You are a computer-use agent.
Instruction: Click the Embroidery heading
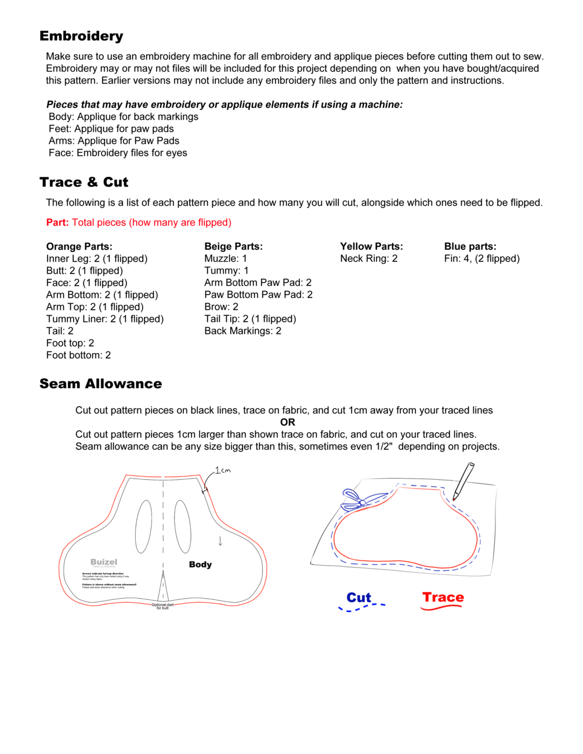81,36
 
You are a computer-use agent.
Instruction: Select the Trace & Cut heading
84,182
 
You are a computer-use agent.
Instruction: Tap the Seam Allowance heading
100,384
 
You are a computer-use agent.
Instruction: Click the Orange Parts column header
79,246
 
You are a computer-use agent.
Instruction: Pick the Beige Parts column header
233,246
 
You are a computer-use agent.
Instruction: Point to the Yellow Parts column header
371,246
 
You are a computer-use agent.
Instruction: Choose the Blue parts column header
470,246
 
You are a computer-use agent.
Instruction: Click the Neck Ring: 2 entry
368,258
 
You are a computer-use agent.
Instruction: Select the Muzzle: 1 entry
225,258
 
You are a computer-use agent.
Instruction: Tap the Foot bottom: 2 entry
78,355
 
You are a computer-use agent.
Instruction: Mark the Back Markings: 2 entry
242,331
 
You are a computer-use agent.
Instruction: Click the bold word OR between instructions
287,422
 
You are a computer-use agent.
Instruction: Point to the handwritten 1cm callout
223,470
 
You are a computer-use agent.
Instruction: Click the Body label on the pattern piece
200,564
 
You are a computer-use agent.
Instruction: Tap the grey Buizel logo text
104,562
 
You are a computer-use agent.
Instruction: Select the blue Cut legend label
359,598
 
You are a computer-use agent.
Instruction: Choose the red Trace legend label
443,598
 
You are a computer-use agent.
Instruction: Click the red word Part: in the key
57,223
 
